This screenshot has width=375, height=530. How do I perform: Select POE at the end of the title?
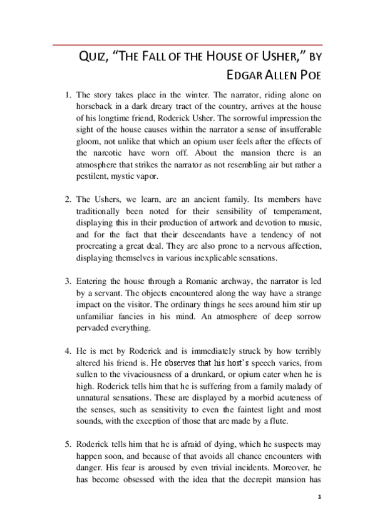tap(310, 77)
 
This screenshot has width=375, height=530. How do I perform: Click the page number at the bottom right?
tap(319, 497)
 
